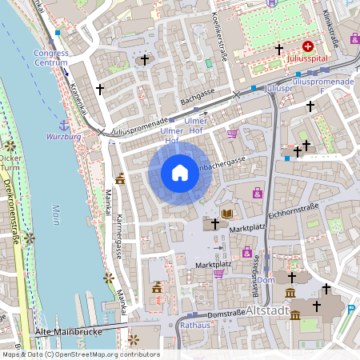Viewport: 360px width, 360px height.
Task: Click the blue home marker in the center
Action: coord(179,172)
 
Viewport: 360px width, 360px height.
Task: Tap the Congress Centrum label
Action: coord(51,58)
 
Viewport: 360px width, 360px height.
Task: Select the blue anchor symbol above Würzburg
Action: coord(63,125)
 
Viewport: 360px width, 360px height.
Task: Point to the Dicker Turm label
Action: coord(11,163)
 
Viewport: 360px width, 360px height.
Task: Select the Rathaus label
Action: coord(194,326)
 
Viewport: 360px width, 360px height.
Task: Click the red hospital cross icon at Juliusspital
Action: coord(306,48)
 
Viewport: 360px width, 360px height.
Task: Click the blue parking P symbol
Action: coord(350,309)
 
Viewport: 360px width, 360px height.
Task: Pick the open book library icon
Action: coord(228,214)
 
